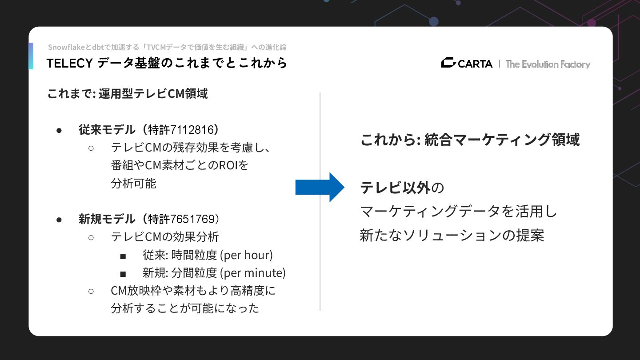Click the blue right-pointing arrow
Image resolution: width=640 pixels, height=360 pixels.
point(320,188)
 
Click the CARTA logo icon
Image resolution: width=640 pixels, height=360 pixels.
point(448,63)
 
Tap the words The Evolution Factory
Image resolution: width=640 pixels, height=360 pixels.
point(548,64)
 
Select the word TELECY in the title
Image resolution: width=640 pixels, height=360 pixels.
point(69,64)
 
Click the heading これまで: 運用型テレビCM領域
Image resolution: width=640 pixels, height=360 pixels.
point(128,94)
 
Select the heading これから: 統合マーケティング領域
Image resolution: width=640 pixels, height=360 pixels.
point(470,140)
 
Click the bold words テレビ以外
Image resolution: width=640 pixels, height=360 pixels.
point(395,188)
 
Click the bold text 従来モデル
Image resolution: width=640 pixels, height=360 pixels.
point(107,130)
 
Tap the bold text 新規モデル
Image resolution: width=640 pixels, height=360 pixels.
point(107,219)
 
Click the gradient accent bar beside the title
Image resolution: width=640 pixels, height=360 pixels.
point(31,56)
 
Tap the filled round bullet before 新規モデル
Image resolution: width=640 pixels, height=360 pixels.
point(59,220)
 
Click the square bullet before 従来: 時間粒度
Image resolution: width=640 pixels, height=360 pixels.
point(123,256)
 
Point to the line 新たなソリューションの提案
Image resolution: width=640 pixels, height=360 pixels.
point(452,235)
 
